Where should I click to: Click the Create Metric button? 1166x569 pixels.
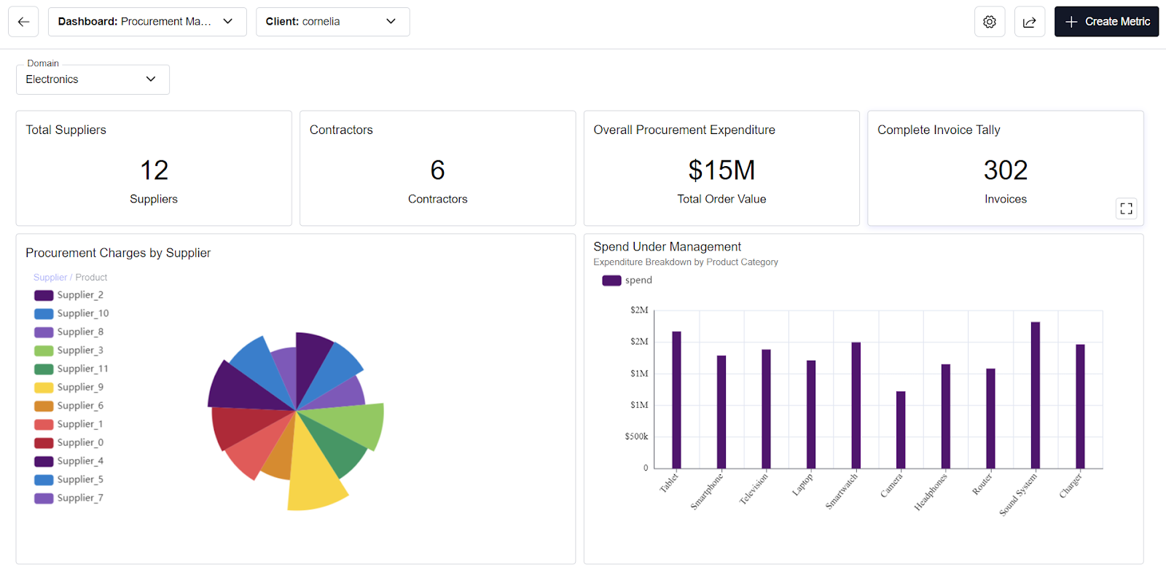pos(1106,22)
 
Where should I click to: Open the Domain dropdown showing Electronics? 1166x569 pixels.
pos(93,79)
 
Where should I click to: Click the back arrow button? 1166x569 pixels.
pos(23,22)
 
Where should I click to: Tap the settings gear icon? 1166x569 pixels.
pos(990,22)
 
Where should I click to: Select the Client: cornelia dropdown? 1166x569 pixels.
pos(332,22)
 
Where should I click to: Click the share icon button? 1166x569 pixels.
pos(1030,22)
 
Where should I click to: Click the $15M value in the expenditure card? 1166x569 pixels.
pos(721,170)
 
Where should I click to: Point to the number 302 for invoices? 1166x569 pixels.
pos(1005,170)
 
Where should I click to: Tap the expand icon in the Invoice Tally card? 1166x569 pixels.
pos(1126,208)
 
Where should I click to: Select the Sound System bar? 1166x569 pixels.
pos(1035,397)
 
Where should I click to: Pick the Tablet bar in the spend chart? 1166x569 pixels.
pos(676,401)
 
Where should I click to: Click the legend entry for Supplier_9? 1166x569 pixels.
pos(70,388)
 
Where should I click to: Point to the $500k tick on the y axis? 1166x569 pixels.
pos(636,436)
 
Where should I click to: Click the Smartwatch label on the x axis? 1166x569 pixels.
pos(842,491)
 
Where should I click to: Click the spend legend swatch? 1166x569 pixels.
pos(611,280)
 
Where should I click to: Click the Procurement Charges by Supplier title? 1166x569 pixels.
pos(118,253)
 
